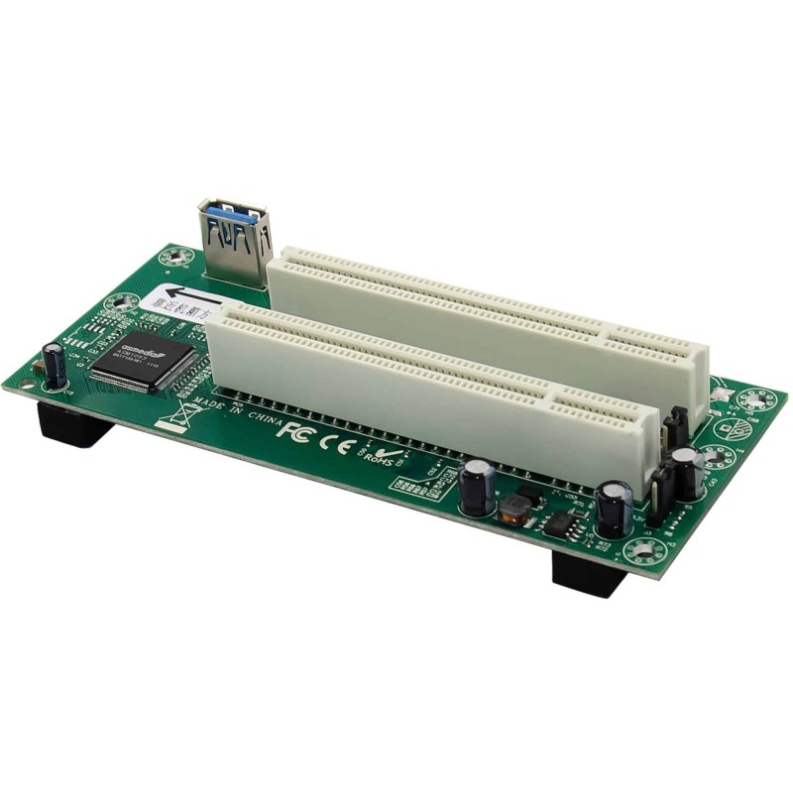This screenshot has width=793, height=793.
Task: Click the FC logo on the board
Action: [293, 433]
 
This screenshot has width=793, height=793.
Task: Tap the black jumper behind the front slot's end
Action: [676, 428]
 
